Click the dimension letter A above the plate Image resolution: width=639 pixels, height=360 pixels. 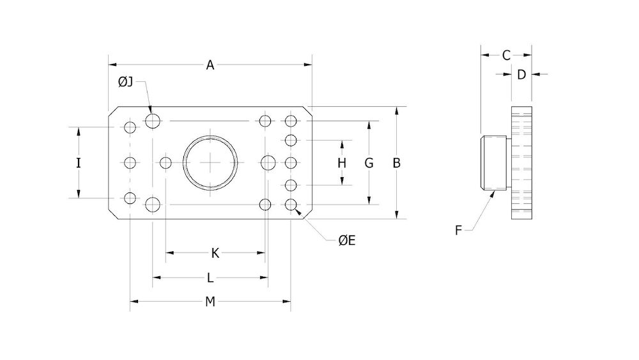point(210,65)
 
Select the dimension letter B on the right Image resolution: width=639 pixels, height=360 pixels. point(396,163)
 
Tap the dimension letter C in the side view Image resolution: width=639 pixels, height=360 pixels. point(506,55)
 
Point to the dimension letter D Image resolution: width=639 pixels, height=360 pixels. point(521,75)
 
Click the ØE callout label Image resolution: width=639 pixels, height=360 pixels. point(347,240)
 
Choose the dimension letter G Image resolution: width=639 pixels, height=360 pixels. point(369,163)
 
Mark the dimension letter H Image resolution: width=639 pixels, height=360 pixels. point(342,163)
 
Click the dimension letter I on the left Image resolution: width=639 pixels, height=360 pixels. point(79,163)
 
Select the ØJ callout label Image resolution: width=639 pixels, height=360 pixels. point(125,82)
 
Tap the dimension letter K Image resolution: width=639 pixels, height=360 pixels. point(215,253)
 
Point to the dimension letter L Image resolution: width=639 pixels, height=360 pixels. point(210,278)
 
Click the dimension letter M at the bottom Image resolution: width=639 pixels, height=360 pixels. point(210,302)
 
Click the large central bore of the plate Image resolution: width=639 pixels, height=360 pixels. point(210,163)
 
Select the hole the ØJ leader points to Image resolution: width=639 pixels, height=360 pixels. point(153,120)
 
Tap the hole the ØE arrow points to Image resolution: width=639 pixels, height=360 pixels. point(291,205)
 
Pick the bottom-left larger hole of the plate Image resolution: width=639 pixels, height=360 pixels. point(153,205)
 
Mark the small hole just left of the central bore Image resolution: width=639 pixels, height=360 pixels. point(166,163)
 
